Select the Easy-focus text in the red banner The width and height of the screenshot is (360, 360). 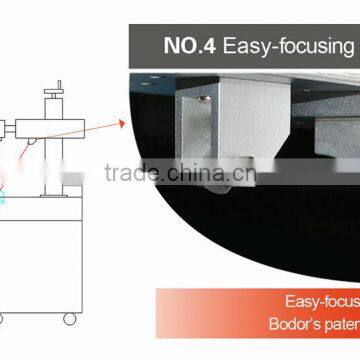coord(321,300)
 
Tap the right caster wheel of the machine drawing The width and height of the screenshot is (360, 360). coord(69,319)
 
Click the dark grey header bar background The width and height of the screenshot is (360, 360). coord(150,45)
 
